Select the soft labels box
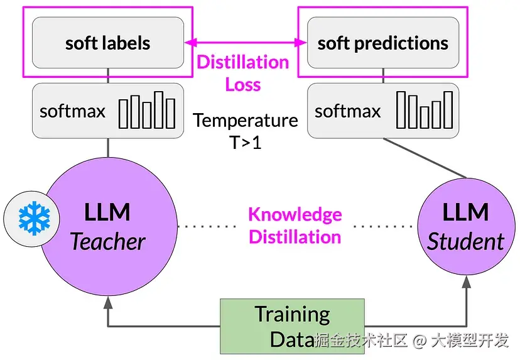pyautogui.click(x=107, y=43)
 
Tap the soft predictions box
pyautogui.click(x=382, y=43)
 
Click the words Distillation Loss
pyautogui.click(x=243, y=73)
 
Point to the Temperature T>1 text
pyautogui.click(x=245, y=130)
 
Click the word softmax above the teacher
pyautogui.click(x=72, y=111)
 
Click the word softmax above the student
pyautogui.click(x=347, y=111)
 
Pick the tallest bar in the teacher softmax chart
pyautogui.click(x=160, y=109)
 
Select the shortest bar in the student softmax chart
pyautogui.click(x=424, y=117)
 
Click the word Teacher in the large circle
pyautogui.click(x=108, y=241)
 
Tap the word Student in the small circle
pyautogui.click(x=465, y=241)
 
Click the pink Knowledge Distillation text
pyautogui.click(x=295, y=225)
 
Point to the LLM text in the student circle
pyautogui.click(x=465, y=212)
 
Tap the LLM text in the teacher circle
pyautogui.click(x=107, y=212)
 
